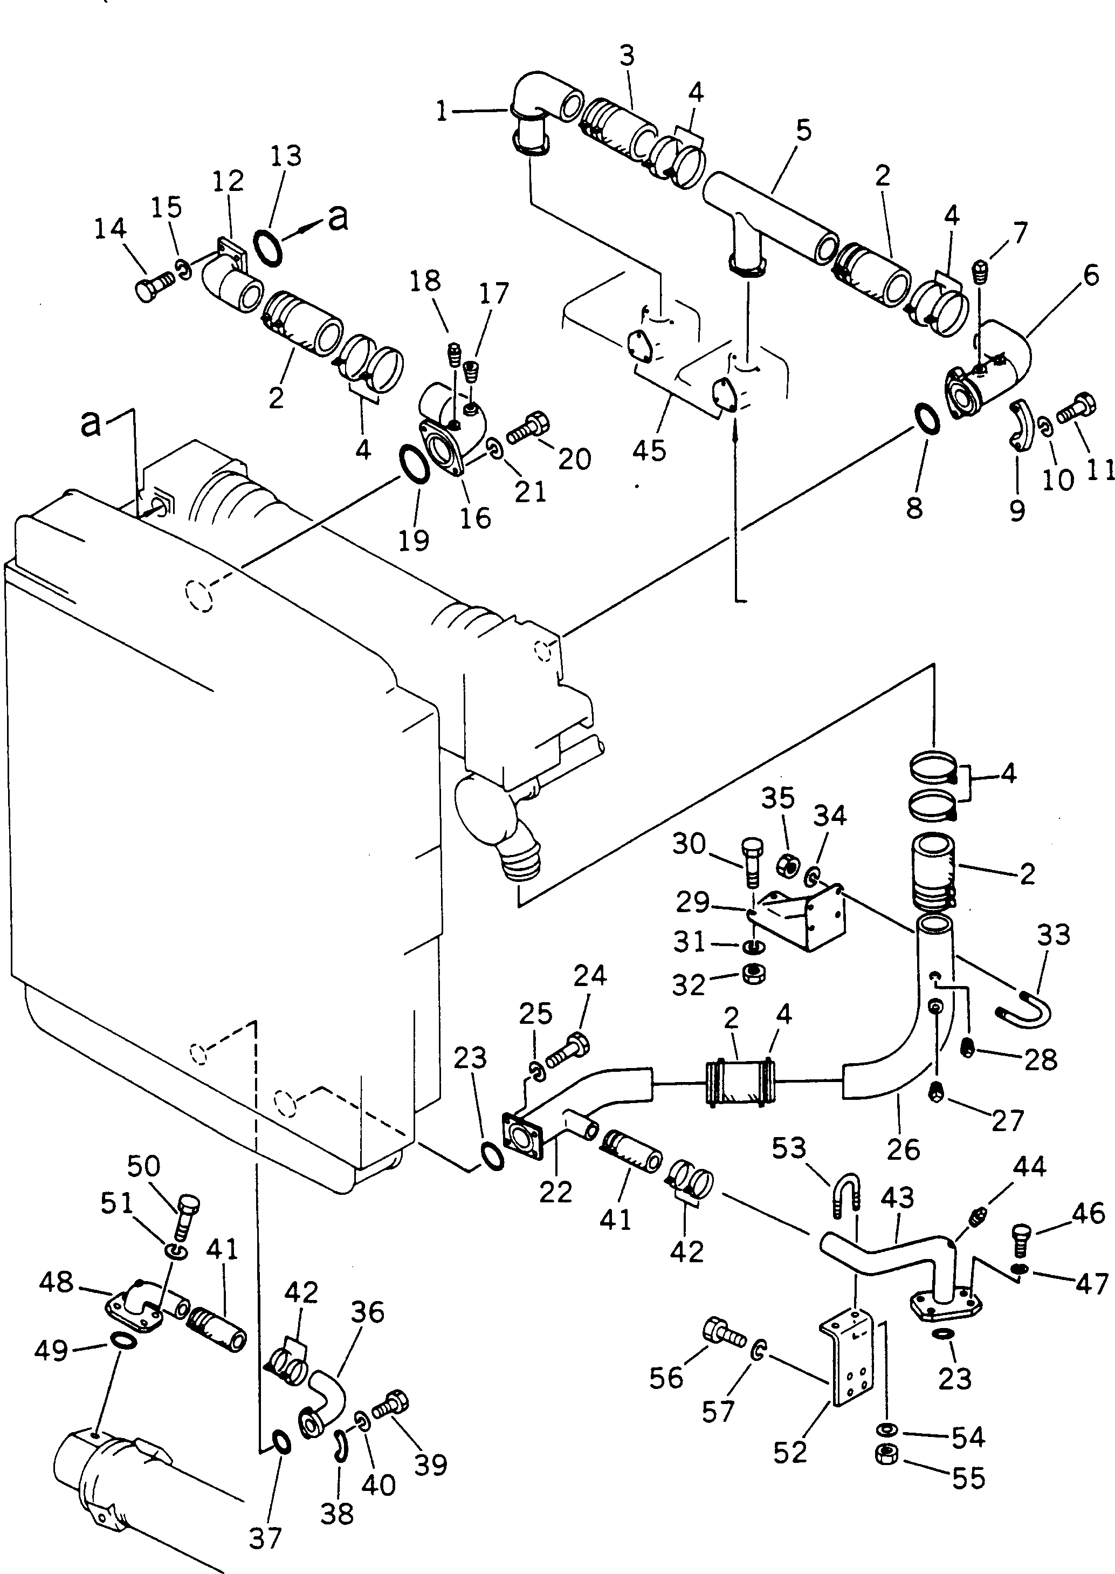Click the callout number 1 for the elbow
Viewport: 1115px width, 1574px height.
coord(441,111)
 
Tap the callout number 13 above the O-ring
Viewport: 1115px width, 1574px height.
coord(286,156)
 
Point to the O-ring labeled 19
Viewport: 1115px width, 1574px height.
coord(414,464)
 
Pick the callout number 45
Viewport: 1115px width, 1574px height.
coord(650,450)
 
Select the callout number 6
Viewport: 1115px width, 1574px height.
coord(1091,276)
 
